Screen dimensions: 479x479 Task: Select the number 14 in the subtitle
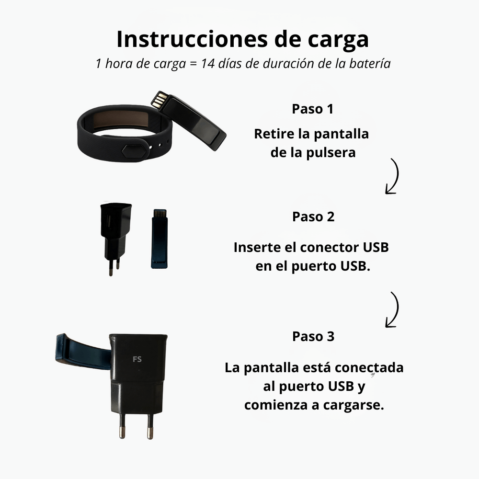pos(207,64)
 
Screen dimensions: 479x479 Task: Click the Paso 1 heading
pos(312,109)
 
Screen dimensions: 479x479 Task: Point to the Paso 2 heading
pos(313,217)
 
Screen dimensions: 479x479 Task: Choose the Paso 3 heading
pos(313,336)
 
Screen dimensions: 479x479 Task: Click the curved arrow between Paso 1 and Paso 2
pos(393,176)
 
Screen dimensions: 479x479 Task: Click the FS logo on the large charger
pos(137,359)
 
